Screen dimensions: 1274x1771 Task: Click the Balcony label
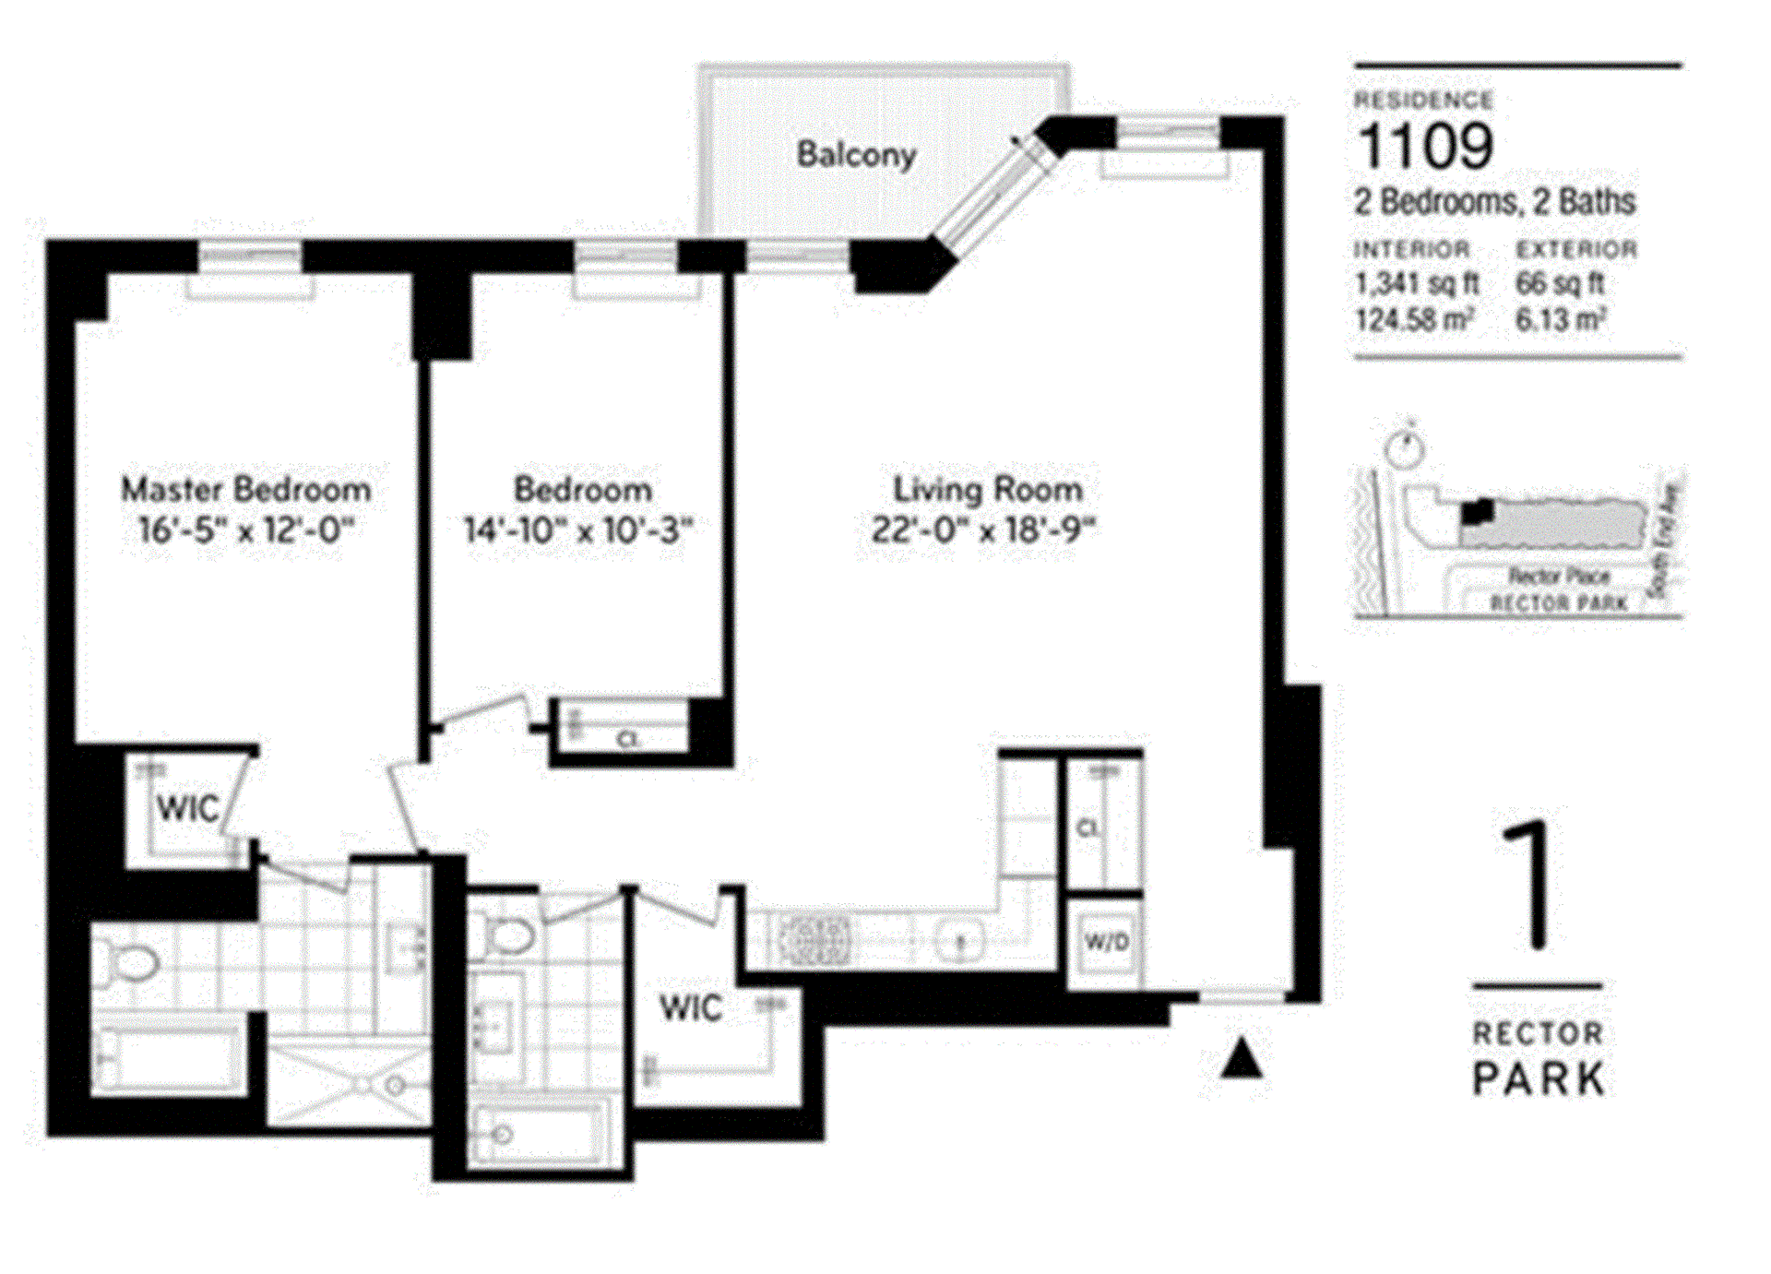856,155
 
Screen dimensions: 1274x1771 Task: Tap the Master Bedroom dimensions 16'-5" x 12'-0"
246,530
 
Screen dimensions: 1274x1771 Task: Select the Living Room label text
987,489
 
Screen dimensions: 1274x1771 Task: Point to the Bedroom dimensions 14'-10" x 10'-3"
577,530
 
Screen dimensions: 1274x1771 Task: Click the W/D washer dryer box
1106,942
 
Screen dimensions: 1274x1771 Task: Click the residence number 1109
1425,147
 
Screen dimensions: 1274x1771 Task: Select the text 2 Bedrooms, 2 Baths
1494,202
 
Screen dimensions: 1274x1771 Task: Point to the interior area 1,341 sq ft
1416,283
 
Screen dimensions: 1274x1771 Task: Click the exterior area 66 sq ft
1560,283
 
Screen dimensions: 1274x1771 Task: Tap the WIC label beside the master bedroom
187,809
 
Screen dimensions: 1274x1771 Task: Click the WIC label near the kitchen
691,1007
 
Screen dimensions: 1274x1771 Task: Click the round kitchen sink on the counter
960,942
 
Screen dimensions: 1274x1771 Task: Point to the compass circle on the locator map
1405,448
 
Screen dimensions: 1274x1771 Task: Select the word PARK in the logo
1538,1078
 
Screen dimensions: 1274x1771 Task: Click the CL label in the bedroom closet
628,739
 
